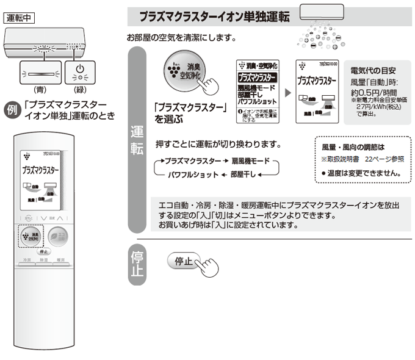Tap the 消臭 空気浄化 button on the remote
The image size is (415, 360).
point(31,236)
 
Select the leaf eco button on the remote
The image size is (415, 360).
point(59,236)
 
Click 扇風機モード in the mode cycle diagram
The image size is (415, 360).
point(248,162)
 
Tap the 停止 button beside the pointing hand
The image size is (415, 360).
point(184,261)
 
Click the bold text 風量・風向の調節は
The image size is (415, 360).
point(353,148)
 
